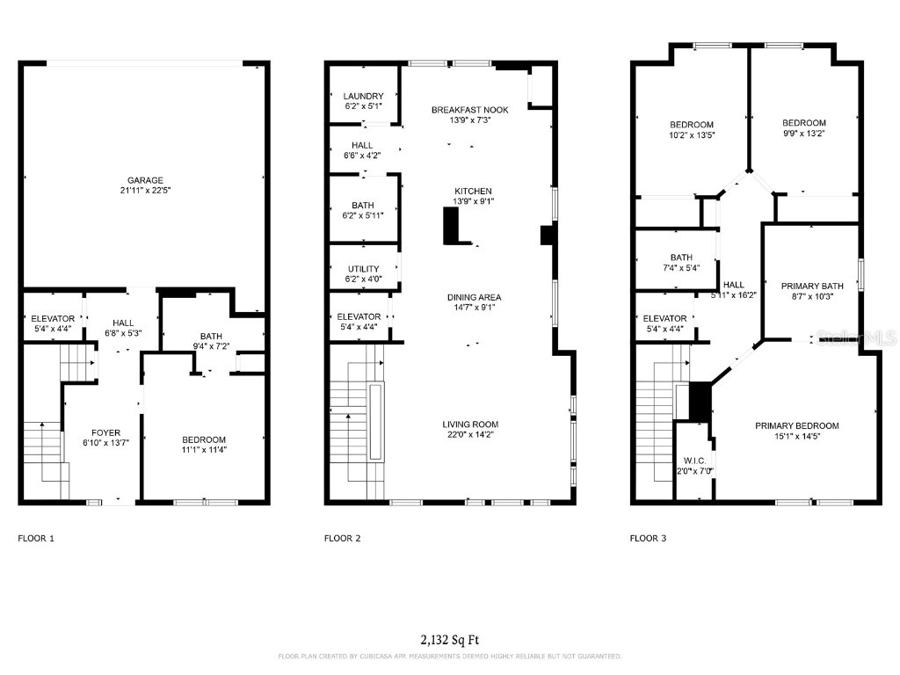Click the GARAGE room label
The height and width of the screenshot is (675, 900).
pos(145,180)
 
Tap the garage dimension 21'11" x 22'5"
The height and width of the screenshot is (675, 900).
pos(145,191)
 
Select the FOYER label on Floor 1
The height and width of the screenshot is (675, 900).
pos(106,432)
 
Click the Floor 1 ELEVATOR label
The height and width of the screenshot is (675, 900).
pos(53,318)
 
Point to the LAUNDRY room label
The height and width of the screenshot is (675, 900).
pos(363,96)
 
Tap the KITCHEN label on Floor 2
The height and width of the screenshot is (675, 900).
pos(473,191)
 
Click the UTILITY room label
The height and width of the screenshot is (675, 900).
pos(363,269)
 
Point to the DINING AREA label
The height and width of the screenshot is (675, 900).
pos(473,297)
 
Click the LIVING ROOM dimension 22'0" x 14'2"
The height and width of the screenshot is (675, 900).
pos(470,435)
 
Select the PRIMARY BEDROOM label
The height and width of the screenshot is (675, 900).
pos(796,425)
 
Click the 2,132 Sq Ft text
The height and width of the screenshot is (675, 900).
pos(449,640)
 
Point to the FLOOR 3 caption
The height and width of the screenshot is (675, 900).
pos(648,537)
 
